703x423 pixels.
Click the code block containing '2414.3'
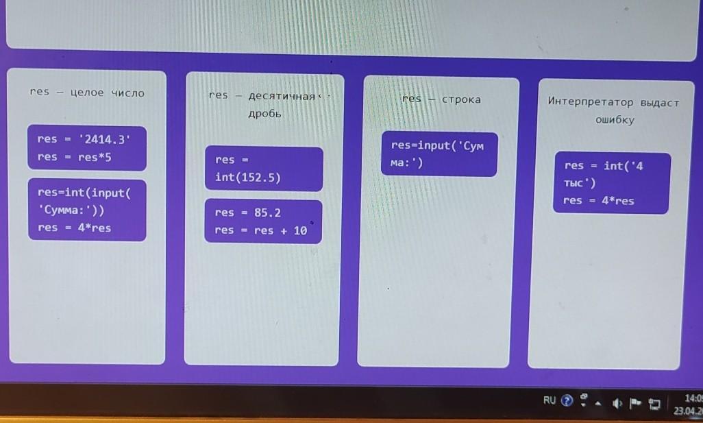pos(86,147)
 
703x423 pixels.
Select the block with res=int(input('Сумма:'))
pos(86,210)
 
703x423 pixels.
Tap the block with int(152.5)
pos(263,169)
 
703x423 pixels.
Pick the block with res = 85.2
pos(263,221)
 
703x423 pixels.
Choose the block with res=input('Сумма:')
pos(439,154)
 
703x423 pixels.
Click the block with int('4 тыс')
pos(611,182)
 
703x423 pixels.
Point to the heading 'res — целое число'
pos(87,93)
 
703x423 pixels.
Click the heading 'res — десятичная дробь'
pos(264,104)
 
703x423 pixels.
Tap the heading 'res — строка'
pos(441,99)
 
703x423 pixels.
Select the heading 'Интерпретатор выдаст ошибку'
pos(613,110)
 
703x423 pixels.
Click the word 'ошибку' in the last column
pos(614,119)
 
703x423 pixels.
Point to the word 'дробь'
pos(264,114)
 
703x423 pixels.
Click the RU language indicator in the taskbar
pos(550,400)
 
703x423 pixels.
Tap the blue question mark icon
pos(566,401)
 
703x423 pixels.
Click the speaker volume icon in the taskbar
pos(618,402)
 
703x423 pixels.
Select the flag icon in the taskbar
pos(635,402)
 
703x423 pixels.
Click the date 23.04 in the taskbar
pos(687,411)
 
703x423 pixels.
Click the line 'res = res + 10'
pos(260,231)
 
